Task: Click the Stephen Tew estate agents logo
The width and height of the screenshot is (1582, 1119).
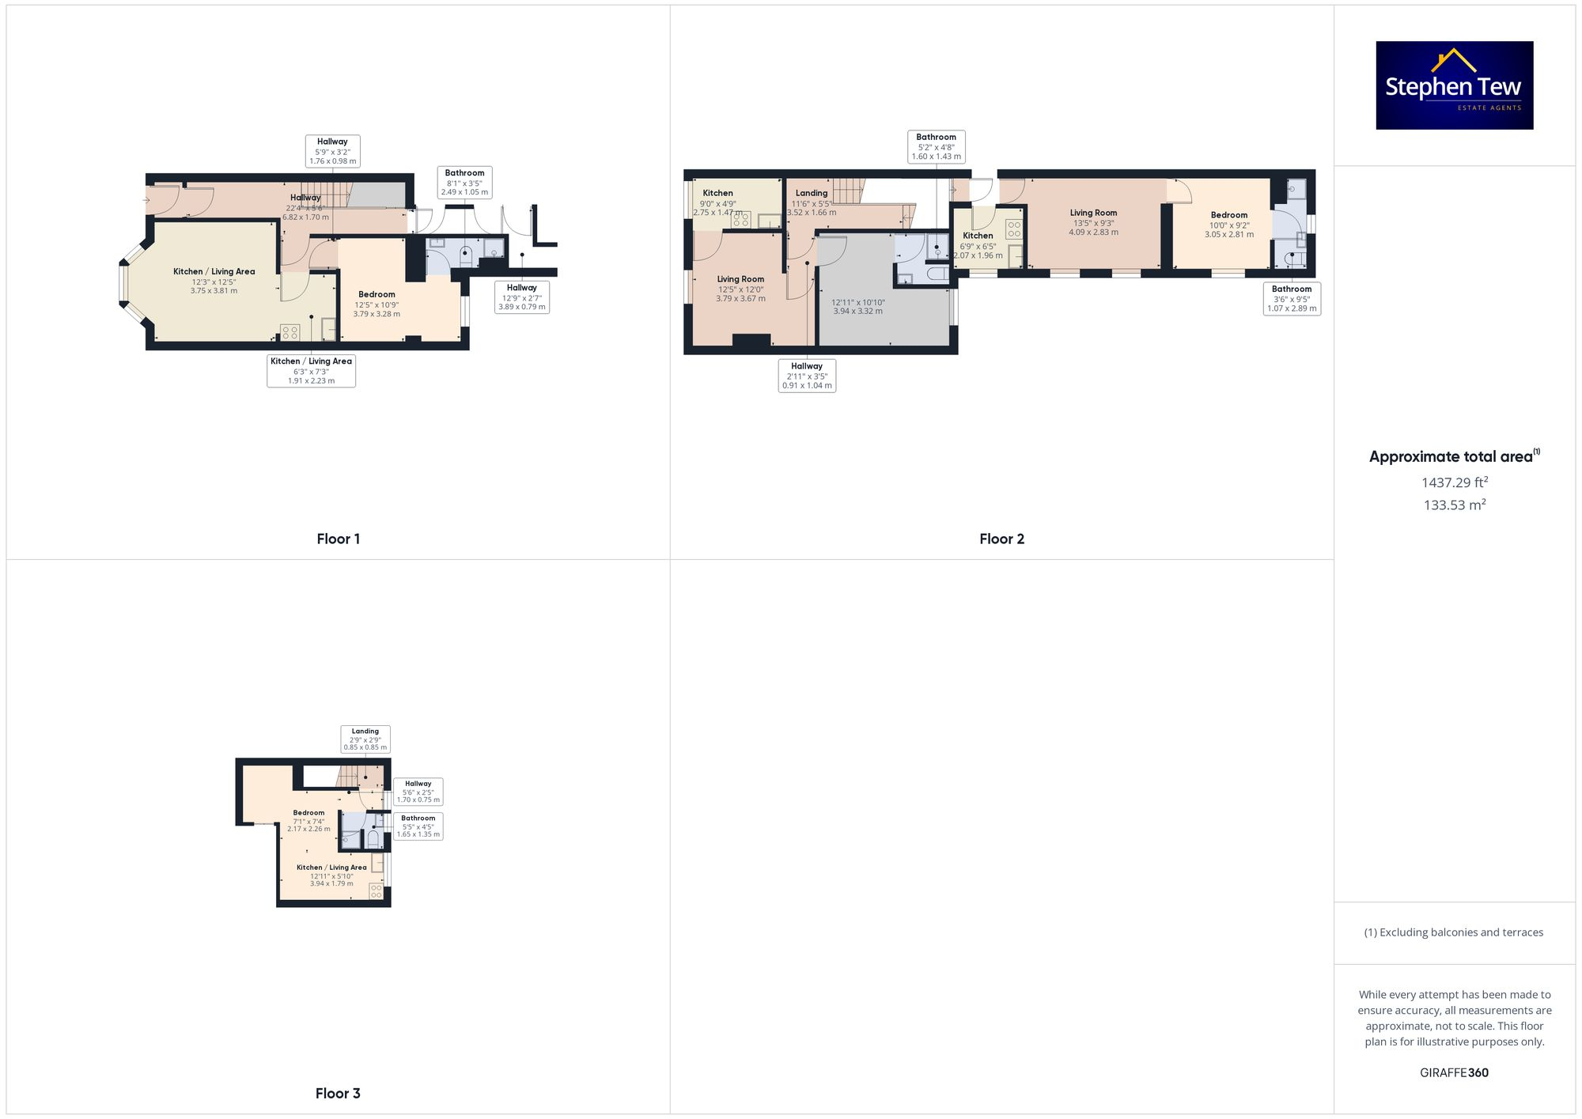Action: [x=1454, y=85]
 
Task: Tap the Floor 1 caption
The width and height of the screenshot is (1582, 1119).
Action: [x=338, y=539]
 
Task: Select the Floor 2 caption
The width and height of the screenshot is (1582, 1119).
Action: [x=1001, y=539]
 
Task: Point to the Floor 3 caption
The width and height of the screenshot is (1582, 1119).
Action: [x=338, y=1094]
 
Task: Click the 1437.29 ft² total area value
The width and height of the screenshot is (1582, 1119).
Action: [x=1454, y=482]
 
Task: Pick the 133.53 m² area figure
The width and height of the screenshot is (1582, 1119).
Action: [x=1454, y=505]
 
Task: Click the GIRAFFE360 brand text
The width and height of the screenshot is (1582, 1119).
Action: [x=1454, y=1073]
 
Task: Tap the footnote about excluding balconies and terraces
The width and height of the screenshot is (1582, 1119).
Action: [x=1454, y=932]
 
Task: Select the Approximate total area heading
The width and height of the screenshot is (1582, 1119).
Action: [x=1454, y=456]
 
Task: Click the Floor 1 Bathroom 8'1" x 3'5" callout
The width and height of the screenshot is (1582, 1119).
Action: [x=464, y=182]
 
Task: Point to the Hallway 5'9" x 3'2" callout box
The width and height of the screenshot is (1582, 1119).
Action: [x=332, y=151]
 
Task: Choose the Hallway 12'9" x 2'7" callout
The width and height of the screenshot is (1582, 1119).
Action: [x=521, y=297]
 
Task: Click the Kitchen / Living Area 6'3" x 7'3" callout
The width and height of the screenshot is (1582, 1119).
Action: [x=311, y=371]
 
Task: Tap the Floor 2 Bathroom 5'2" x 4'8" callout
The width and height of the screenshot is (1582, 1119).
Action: [x=936, y=146]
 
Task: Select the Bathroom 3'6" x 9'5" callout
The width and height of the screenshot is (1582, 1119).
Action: [x=1291, y=299]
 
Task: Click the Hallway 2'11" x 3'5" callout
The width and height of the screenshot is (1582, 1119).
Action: [x=807, y=376]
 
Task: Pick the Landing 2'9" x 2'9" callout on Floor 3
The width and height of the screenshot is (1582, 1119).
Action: [x=365, y=739]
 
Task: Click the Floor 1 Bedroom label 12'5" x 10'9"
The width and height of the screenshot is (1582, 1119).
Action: [x=377, y=304]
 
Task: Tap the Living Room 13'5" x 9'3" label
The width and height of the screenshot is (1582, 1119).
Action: [x=1093, y=222]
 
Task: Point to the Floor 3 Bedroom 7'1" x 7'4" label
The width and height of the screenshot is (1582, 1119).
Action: [x=308, y=821]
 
